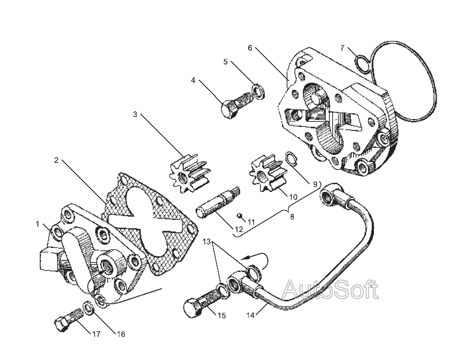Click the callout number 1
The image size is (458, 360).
click(x=37, y=224)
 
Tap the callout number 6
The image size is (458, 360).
click(x=250, y=47)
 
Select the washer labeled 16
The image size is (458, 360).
click(x=88, y=308)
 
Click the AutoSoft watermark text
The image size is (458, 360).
click(x=329, y=290)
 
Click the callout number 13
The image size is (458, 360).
click(x=207, y=242)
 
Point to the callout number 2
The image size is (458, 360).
click(x=57, y=160)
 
